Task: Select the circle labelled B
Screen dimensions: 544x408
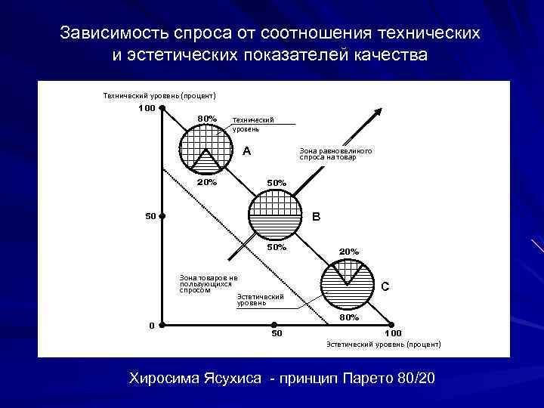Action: [x=274, y=215]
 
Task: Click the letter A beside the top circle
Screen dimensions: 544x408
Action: [x=246, y=151]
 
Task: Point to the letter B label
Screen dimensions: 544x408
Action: [x=317, y=217]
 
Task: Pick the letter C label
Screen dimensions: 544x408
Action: [x=385, y=286]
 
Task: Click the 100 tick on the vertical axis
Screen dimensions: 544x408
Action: [x=147, y=108]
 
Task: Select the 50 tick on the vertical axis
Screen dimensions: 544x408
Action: [x=150, y=217]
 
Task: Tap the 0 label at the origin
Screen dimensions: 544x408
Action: [x=151, y=325]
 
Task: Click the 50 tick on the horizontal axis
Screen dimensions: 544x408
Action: [x=277, y=332]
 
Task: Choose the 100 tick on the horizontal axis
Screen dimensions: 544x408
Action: [x=393, y=332]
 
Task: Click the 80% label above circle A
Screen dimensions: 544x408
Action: [x=207, y=119]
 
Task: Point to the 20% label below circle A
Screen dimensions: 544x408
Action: [x=207, y=182]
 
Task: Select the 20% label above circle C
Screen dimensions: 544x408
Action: [x=349, y=251]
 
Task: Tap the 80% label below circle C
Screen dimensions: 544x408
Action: [x=349, y=318]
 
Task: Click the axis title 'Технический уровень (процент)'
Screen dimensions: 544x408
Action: [x=159, y=95]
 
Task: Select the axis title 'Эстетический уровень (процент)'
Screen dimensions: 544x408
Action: [x=383, y=344]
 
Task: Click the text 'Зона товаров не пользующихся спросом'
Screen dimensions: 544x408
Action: [x=208, y=283]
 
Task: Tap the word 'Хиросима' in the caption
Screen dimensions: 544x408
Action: [x=164, y=377]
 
